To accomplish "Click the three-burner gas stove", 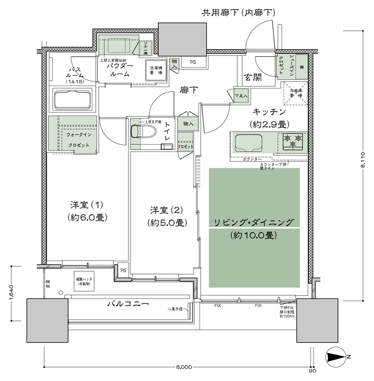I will (x=292, y=141).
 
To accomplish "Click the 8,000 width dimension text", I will (x=184, y=367).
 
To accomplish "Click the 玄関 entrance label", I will (x=252, y=77).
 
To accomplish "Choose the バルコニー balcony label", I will (x=128, y=304).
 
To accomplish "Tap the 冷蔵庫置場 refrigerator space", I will (x=295, y=93).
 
